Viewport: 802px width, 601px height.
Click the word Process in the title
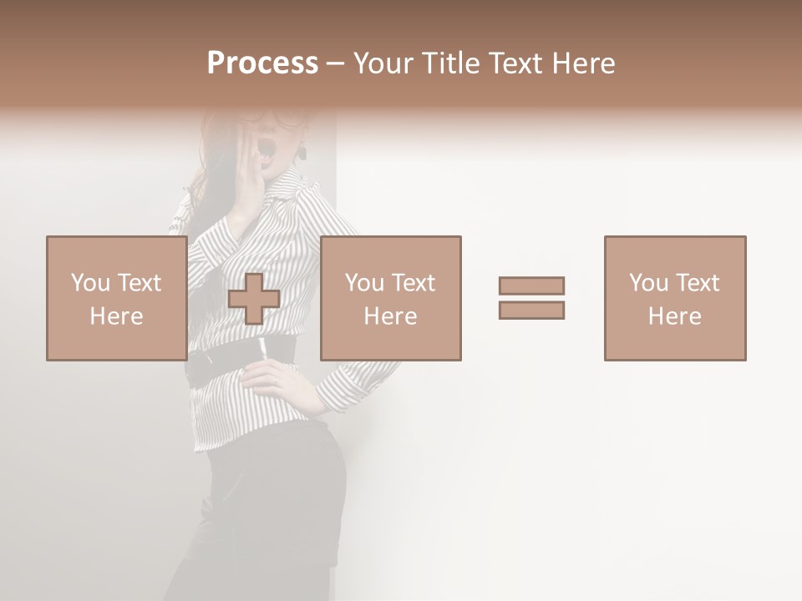[262, 63]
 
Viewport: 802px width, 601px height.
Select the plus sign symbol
[254, 299]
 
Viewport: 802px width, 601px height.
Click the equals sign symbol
[531, 298]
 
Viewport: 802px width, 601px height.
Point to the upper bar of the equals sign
[531, 285]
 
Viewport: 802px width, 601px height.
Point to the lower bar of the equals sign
[531, 311]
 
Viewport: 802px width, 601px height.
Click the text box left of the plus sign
[116, 298]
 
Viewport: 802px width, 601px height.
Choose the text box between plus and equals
[390, 298]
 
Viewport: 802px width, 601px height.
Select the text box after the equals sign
[674, 298]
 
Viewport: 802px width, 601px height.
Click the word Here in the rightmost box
[674, 316]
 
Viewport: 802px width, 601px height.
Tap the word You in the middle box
[364, 283]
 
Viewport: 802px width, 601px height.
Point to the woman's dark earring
[302, 153]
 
